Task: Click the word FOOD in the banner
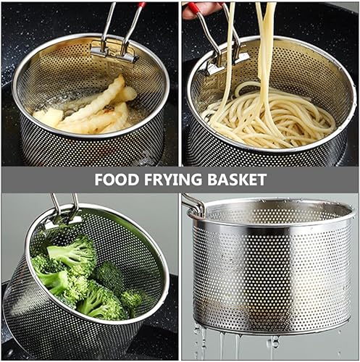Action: tap(117, 180)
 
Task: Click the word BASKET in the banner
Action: tap(237, 180)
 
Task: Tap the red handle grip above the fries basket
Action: tap(141, 4)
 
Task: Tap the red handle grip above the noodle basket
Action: tap(193, 9)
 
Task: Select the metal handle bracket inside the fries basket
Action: tap(114, 52)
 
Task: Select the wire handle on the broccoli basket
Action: tap(64, 208)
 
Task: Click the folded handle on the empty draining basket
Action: tap(193, 204)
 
